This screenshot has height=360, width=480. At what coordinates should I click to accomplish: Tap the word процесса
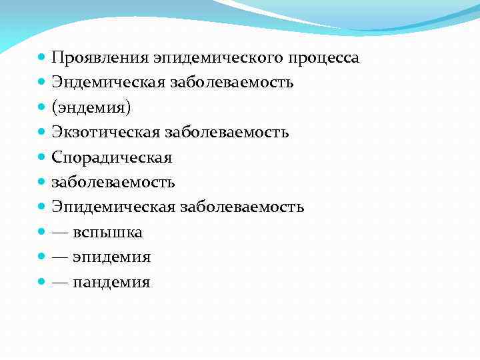point(324,58)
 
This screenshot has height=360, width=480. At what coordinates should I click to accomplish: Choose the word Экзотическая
point(103,133)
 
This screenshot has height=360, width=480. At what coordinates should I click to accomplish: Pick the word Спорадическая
point(112,157)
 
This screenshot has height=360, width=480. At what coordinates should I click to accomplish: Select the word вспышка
point(107,232)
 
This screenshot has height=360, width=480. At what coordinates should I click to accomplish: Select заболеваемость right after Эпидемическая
point(241,207)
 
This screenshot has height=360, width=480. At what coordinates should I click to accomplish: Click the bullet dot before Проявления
point(42,58)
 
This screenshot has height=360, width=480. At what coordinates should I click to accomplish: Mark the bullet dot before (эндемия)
point(42,108)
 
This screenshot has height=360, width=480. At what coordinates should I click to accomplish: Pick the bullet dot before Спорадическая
point(42,158)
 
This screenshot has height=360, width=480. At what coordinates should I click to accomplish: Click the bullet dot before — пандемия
point(42,282)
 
